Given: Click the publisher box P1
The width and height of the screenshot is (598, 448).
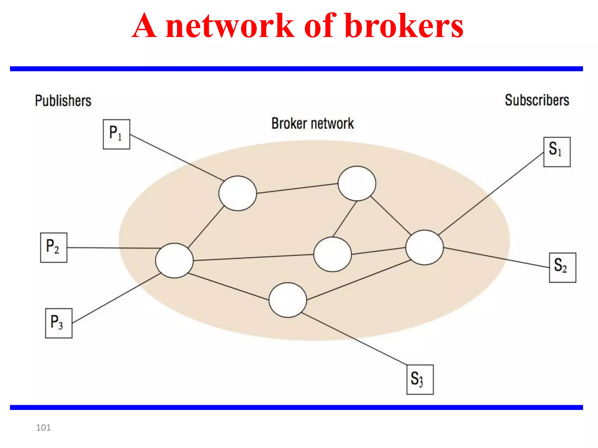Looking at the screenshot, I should click(116, 134).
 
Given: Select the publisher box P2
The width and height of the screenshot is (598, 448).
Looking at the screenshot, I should click(53, 248).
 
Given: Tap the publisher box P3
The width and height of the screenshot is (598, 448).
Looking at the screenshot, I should click(58, 323).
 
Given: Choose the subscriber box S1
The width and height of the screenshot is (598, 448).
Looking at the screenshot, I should click(557, 152).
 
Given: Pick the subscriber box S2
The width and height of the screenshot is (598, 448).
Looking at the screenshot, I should click(562, 267).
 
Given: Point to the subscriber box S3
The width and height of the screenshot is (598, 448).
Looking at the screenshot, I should click(420, 379).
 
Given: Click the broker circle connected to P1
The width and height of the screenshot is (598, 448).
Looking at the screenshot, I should click(237, 193).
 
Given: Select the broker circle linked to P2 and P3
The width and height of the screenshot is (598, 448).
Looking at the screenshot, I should click(174, 260).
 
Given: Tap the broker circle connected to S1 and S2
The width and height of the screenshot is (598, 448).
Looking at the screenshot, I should click(424, 247).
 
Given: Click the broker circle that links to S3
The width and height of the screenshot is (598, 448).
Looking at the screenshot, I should click(288, 300).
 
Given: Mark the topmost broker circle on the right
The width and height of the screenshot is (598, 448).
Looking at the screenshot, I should click(357, 183).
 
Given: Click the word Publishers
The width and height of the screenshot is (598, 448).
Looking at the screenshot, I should click(63, 101).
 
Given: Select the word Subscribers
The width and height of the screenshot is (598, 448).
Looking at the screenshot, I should click(537, 100).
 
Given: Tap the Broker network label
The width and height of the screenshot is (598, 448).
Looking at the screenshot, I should click(312, 123).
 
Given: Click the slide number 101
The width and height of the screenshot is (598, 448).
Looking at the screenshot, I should click(43, 428).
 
